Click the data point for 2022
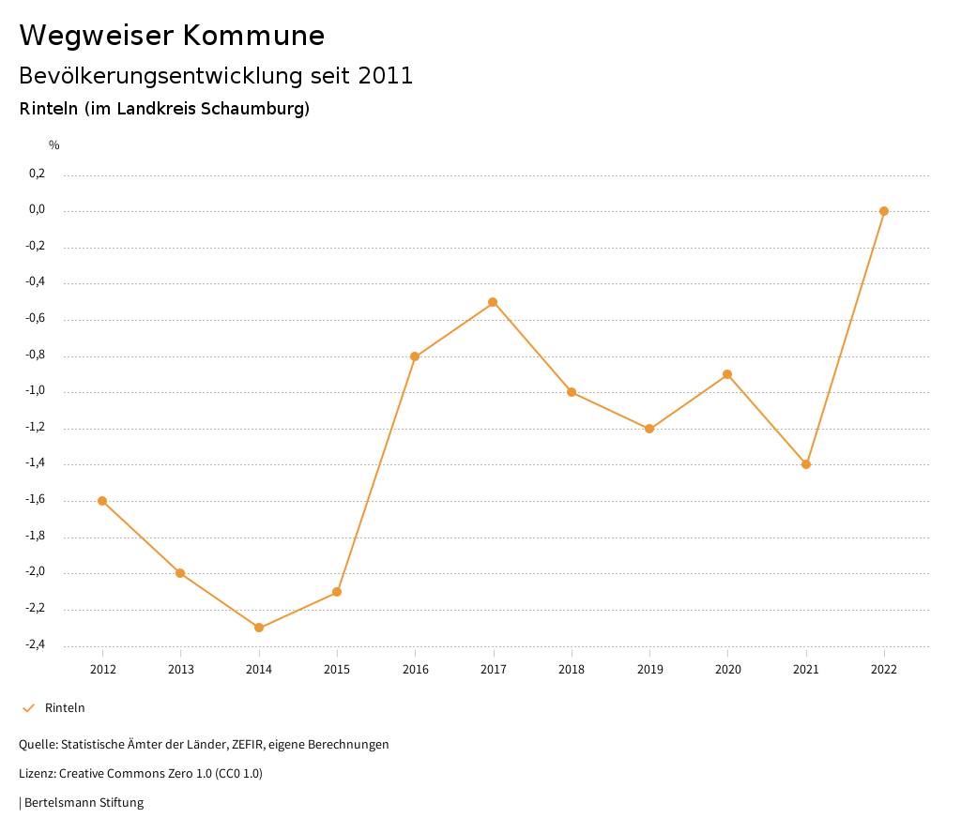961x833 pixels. pos(884,211)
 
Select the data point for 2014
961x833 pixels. pos(259,628)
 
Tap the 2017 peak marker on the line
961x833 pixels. pos(493,302)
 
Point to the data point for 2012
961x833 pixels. pos(102,501)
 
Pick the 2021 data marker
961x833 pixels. pos(806,464)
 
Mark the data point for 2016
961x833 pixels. pos(415,356)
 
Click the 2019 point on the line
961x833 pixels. pos(649,429)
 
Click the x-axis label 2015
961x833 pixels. pos(337,669)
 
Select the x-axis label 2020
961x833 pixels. pos(727,669)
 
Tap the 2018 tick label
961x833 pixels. pos(572,669)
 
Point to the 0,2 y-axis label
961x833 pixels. pos(37,174)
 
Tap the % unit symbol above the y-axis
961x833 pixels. pos(54,145)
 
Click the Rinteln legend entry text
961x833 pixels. pos(65,708)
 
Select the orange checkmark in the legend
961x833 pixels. pos(28,708)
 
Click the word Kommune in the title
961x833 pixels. pos(253,36)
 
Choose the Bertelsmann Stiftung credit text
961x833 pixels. pos(84,803)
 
